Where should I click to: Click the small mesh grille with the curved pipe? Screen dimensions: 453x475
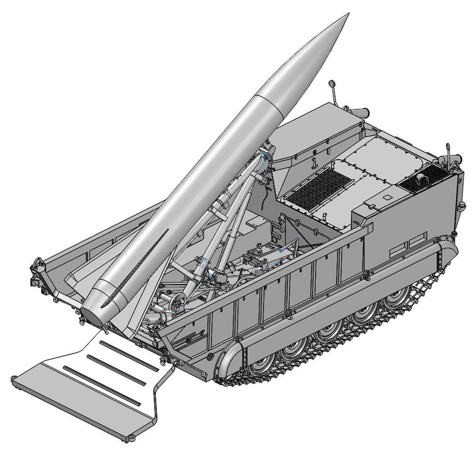[420, 178]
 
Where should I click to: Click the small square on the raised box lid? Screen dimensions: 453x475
[387, 197]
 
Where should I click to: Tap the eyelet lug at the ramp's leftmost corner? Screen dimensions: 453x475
[14, 379]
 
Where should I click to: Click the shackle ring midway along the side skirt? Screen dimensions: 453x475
[287, 315]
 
